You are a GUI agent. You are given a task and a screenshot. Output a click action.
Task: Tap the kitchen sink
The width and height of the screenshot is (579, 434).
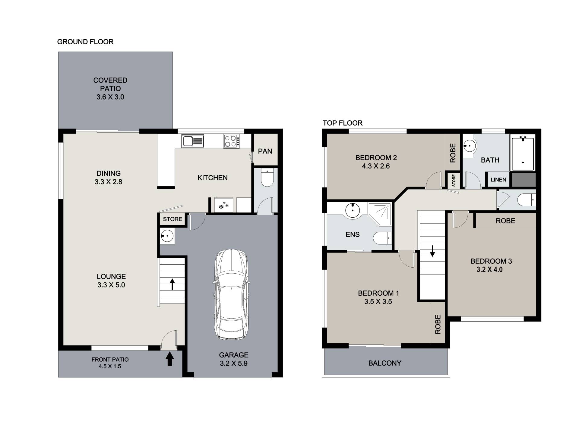click(x=192, y=141)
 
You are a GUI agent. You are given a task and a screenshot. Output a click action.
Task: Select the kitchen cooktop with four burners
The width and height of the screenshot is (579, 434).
click(x=232, y=141)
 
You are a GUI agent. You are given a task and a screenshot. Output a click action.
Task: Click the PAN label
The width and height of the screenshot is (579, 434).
click(x=265, y=151)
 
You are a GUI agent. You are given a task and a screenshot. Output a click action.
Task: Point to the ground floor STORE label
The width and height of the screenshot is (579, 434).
click(x=172, y=219)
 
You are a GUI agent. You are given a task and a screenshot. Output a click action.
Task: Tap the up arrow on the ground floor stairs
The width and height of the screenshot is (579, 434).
click(x=172, y=284)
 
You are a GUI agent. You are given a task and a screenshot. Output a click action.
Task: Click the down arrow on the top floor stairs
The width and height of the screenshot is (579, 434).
click(x=432, y=251)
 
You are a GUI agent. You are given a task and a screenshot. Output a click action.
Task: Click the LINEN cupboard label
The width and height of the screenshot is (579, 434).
click(x=498, y=180)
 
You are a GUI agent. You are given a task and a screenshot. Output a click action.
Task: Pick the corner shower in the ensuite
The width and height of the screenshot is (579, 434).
click(x=379, y=214)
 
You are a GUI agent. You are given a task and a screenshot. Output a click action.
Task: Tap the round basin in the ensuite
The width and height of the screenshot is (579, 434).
click(x=352, y=210)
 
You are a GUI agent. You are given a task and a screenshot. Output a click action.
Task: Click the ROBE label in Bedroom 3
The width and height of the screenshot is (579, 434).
click(x=505, y=221)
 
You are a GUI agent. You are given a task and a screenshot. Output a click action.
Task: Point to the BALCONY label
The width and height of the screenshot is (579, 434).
click(x=385, y=363)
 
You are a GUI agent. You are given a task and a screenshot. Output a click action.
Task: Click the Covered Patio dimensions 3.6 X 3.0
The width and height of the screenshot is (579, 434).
click(x=110, y=97)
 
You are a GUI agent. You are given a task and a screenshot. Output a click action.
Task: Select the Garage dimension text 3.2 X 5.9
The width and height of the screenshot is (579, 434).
click(x=234, y=363)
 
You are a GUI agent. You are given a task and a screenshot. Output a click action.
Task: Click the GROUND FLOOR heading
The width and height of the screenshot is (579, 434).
click(x=85, y=42)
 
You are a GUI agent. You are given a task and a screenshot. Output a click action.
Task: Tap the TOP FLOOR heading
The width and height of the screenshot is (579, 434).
click(x=343, y=123)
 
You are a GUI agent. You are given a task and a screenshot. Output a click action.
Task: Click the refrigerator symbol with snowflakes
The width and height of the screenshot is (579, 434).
click(x=224, y=205)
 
